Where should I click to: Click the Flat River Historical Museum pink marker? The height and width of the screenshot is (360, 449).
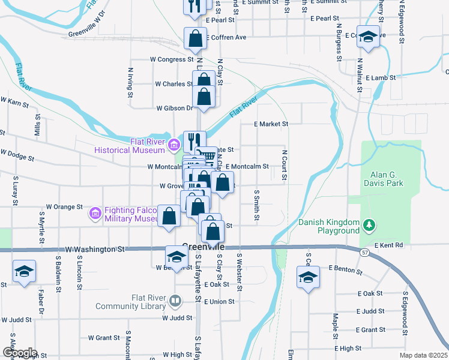tap(174, 144)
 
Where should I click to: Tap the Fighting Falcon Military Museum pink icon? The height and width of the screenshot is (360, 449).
tap(95, 213)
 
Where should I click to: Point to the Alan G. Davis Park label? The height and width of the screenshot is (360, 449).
tap(383, 179)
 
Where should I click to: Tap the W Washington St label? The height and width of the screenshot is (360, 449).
tap(95, 248)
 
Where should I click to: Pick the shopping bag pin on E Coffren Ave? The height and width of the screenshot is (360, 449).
tap(196, 38)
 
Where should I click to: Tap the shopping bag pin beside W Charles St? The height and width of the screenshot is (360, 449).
tap(204, 80)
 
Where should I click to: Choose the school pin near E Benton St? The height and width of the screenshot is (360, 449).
tap(308, 278)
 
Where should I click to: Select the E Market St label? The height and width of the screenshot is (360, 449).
tap(271, 124)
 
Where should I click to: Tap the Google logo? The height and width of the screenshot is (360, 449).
tap(20, 353)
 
